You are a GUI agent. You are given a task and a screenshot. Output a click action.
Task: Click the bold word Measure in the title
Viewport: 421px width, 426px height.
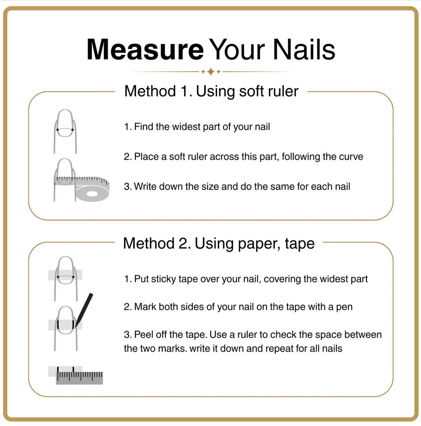pos(145,50)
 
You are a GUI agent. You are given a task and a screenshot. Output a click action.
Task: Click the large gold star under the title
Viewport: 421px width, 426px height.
pos(211,72)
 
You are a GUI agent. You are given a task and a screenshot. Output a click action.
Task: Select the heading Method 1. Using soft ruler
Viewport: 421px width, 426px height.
pos(211,91)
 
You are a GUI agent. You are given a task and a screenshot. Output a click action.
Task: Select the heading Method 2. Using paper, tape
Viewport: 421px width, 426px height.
pos(219,243)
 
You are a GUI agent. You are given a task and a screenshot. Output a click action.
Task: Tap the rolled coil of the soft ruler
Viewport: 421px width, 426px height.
pos(92,194)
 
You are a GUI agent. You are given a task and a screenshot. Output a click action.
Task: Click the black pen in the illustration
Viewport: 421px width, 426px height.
pos(84,308)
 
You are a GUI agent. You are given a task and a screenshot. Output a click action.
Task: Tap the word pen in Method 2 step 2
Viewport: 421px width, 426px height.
pos(344,307)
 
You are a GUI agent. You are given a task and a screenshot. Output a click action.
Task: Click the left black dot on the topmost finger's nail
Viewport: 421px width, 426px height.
pos(57,130)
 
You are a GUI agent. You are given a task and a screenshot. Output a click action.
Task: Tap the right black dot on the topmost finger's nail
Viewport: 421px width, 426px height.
pos(73,130)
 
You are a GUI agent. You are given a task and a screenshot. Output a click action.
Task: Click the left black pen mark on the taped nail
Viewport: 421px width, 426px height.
pos(58,324)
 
